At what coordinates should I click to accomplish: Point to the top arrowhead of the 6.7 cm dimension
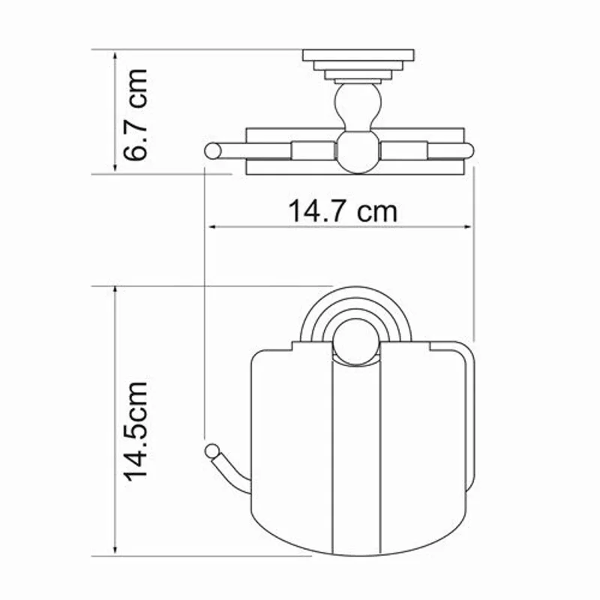[x=115, y=55]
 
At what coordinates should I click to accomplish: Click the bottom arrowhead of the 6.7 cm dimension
[x=115, y=169]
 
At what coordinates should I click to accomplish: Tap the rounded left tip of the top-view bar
[x=212, y=151]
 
